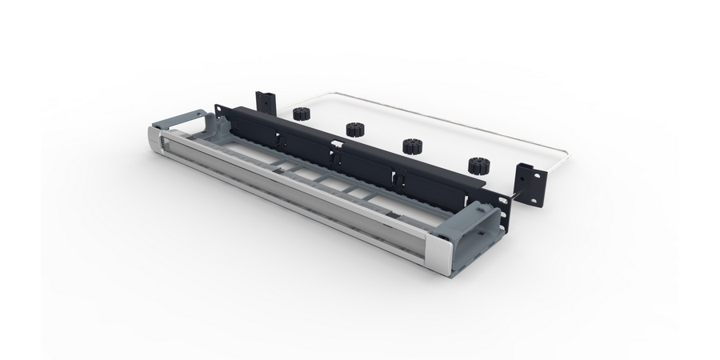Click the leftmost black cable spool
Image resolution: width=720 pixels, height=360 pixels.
pyautogui.click(x=302, y=113)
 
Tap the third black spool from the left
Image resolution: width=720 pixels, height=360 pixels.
pyautogui.click(x=411, y=146)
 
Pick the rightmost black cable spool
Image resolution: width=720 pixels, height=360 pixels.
pyautogui.click(x=478, y=166)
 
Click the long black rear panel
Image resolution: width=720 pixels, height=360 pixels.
pyautogui.click(x=360, y=156)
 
